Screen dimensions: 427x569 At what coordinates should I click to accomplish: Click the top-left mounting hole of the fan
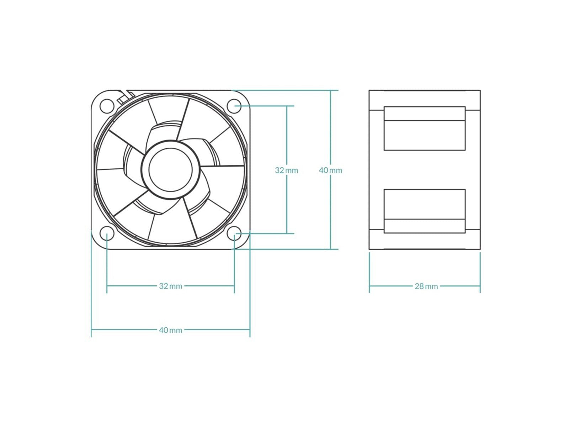(107, 106)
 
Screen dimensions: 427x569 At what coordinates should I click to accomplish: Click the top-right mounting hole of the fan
(235, 106)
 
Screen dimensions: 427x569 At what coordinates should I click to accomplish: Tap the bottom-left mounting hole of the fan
(107, 234)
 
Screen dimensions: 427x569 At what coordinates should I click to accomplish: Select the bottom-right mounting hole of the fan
(235, 234)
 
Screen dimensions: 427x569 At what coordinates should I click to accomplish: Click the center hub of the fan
(171, 170)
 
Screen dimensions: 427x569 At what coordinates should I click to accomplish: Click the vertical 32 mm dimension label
(287, 170)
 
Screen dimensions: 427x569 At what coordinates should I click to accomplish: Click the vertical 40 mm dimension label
(330, 170)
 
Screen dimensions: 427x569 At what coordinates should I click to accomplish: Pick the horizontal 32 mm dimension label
(171, 286)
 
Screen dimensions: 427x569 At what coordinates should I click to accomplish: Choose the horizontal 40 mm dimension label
(171, 330)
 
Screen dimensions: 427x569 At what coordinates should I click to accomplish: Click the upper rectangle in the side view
(425, 128)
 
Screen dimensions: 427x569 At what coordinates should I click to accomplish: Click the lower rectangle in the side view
(425, 211)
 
